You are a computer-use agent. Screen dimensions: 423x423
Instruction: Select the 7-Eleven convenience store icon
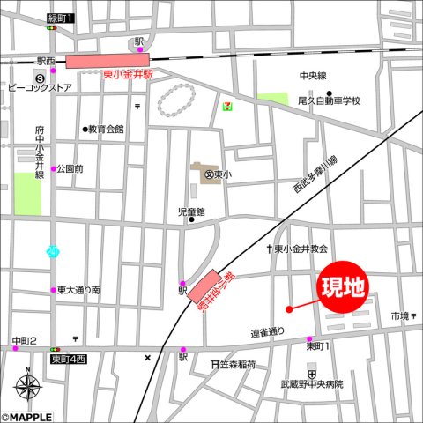point(229,103)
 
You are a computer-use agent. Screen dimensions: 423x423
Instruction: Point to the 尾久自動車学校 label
point(329,100)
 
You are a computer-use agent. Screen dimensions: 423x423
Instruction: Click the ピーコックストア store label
point(40,88)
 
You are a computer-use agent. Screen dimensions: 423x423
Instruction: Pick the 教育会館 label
point(107,129)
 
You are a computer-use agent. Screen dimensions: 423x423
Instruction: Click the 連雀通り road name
point(268,332)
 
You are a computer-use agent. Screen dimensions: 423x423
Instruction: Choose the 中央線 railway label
point(312,76)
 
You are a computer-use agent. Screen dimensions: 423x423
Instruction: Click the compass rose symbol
point(28,387)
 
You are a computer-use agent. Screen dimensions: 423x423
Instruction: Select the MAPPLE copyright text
point(27,417)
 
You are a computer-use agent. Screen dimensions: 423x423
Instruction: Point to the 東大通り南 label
point(78,290)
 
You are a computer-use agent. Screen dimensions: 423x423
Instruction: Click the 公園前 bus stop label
point(70,168)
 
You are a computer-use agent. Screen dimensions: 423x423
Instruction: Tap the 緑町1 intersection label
point(61,18)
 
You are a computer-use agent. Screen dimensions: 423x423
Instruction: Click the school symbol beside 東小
point(209,174)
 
